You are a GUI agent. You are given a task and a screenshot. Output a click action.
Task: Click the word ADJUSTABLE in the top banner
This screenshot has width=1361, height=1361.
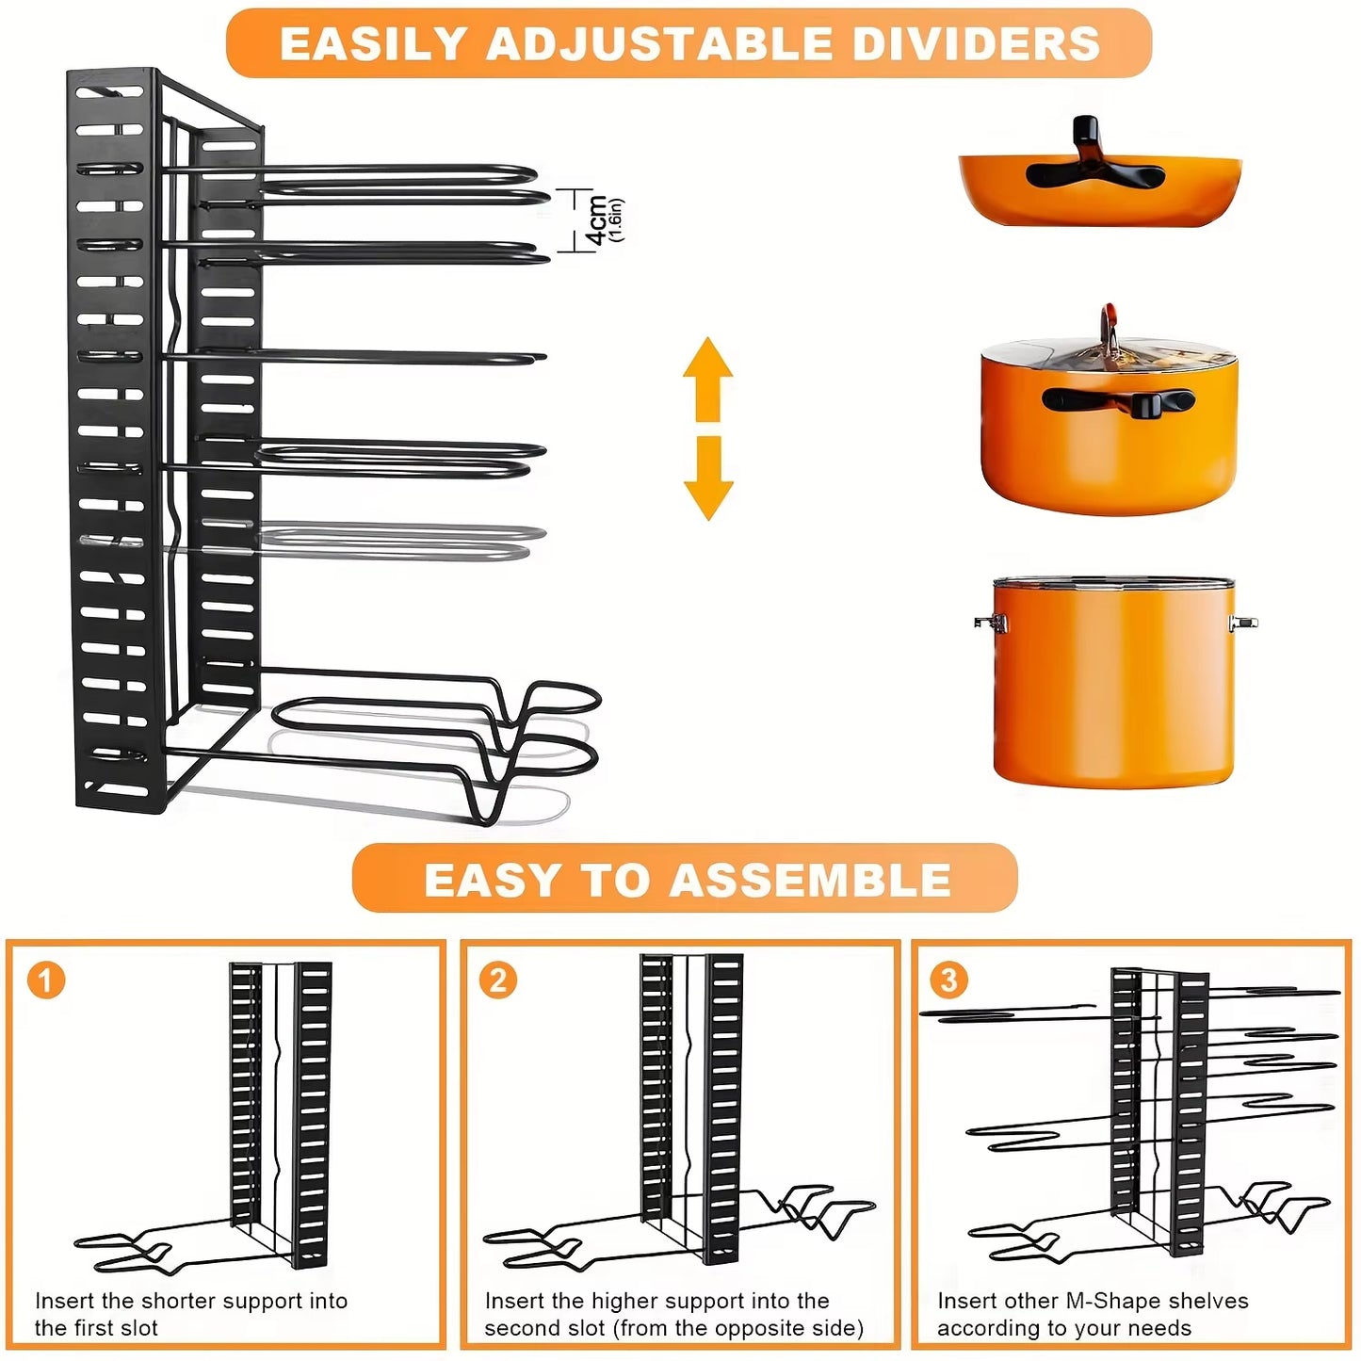(658, 44)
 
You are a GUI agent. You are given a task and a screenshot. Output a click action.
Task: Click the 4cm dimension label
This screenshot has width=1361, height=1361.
(596, 220)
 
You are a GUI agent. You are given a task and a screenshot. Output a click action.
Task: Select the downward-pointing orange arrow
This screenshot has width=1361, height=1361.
(708, 478)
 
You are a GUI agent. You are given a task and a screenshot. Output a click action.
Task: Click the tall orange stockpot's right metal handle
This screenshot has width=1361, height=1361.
(1242, 622)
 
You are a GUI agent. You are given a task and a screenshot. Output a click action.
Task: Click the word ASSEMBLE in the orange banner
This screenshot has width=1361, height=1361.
(810, 881)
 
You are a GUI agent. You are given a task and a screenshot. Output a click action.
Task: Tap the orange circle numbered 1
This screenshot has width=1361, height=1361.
(46, 980)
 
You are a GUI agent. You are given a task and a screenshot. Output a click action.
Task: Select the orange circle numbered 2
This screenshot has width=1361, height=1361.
(498, 980)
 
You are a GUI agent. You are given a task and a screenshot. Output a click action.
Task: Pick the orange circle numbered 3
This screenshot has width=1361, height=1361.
(948, 980)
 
